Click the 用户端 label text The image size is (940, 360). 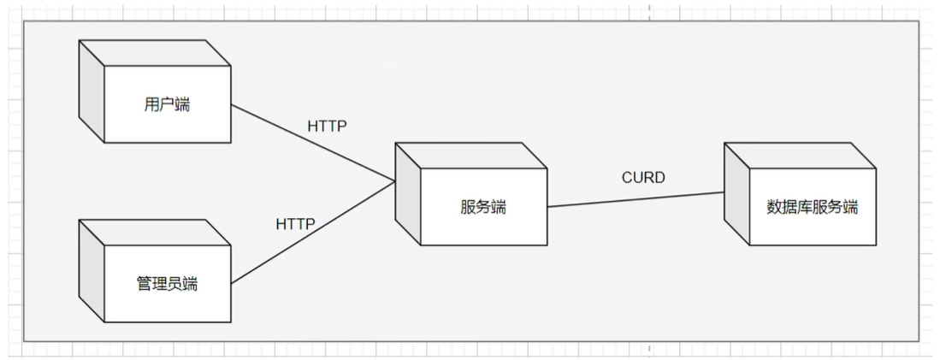(167, 105)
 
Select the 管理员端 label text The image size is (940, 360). (167, 284)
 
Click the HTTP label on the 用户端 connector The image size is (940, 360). (327, 127)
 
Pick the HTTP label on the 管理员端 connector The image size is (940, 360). (295, 224)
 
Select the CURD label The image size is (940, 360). (642, 178)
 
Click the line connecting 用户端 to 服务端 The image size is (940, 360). (312, 144)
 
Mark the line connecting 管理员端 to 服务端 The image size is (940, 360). (312, 232)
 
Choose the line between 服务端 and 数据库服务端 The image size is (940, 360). (636, 199)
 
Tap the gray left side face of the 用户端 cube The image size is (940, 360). (92, 93)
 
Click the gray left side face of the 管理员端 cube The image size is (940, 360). (92, 272)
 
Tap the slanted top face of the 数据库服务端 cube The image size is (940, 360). (800, 155)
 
